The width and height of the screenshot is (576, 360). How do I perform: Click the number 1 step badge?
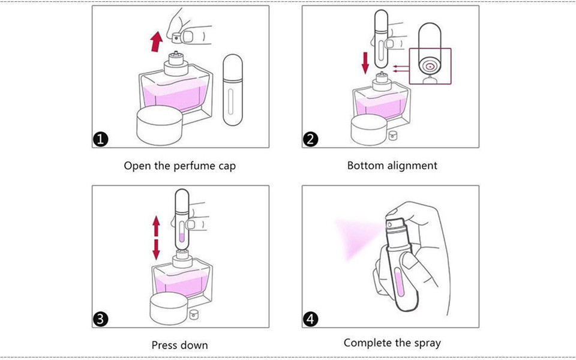tap(101, 140)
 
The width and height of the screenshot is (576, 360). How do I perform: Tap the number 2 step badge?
tap(310, 140)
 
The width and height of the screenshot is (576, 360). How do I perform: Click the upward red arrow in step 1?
tap(156, 42)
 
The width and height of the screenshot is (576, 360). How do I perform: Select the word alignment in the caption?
tap(412, 165)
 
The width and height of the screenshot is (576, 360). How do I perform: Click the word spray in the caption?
tap(427, 343)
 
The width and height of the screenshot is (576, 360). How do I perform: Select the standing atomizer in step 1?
tap(232, 90)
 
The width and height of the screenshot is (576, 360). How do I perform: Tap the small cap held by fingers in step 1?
tap(178, 38)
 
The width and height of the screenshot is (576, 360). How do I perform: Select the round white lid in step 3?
tap(167, 306)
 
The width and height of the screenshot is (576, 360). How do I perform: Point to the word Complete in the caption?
tap(367, 343)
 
